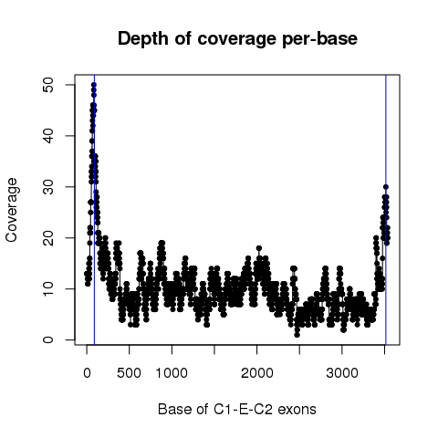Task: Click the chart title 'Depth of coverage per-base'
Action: click(237, 39)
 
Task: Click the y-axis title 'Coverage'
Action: click(12, 210)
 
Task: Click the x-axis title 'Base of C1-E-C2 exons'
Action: click(237, 410)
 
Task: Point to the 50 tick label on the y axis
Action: click(48, 85)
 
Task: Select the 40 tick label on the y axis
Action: click(48, 136)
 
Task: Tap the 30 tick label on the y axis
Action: click(48, 187)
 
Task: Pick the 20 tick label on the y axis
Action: click(48, 237)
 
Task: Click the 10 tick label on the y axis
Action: click(48, 288)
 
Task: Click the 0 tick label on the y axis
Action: click(48, 339)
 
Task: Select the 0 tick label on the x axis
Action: click(87, 373)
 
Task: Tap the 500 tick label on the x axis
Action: click(130, 373)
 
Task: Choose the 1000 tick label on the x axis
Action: click(172, 373)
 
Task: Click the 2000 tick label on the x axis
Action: click(257, 373)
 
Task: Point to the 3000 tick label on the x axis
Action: click(342, 373)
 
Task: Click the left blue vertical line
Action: click(94, 210)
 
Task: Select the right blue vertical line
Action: click(386, 210)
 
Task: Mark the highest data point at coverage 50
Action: click(94, 85)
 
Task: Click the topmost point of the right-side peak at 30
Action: click(386, 187)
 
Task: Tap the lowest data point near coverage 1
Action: click(297, 335)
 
